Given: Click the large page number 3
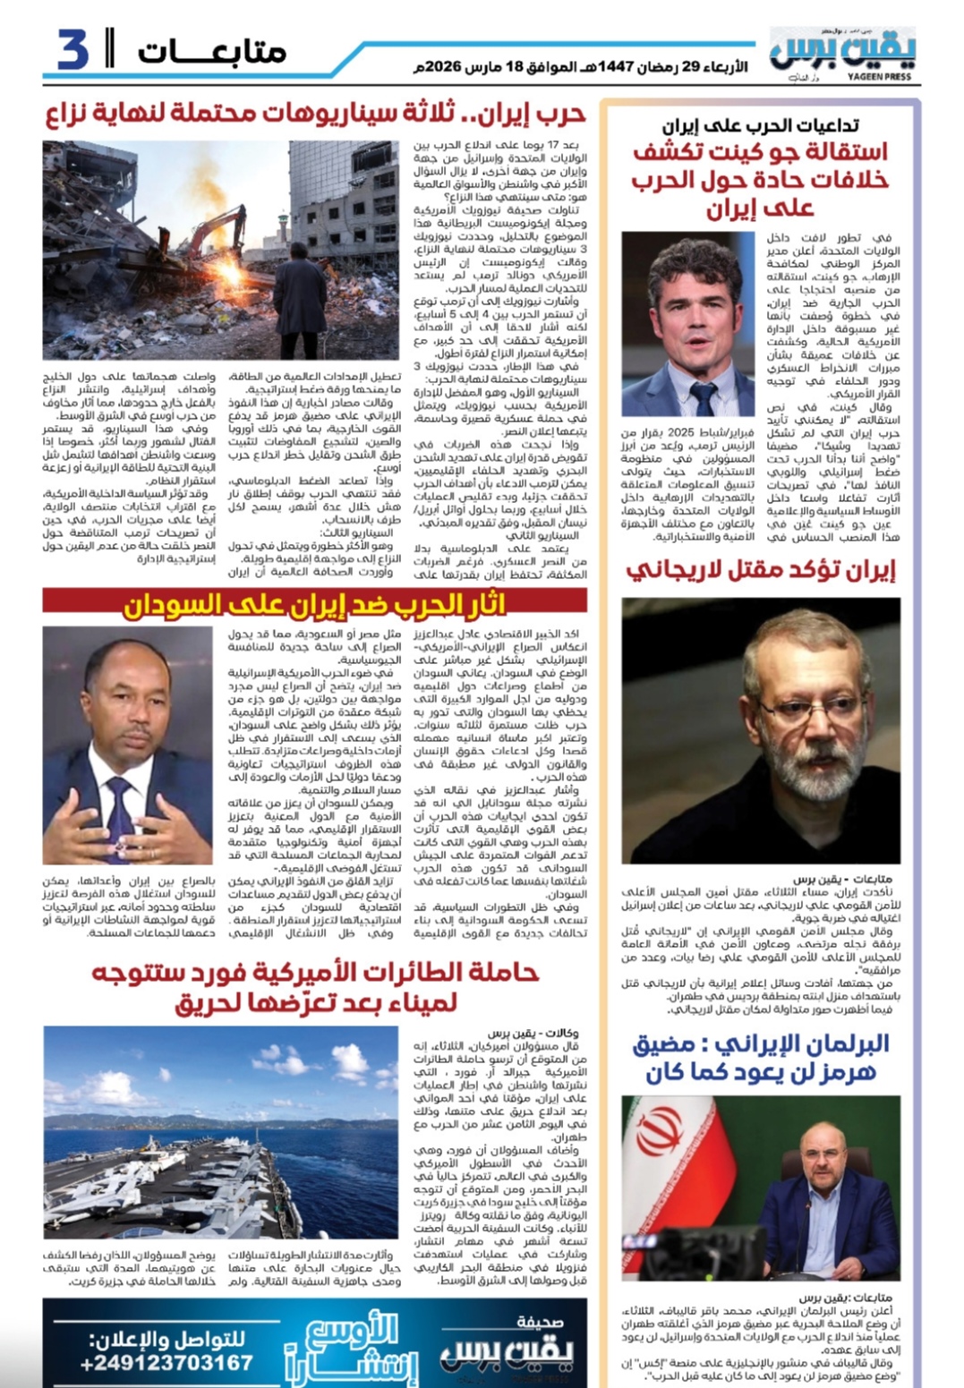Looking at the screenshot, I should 73,50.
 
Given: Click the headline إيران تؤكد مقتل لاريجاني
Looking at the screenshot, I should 760,570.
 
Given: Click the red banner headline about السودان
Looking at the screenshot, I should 314,606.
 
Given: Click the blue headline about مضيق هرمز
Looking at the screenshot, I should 761,1057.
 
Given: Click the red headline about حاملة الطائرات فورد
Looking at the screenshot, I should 315,987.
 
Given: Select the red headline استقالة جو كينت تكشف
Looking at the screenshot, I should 760,180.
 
